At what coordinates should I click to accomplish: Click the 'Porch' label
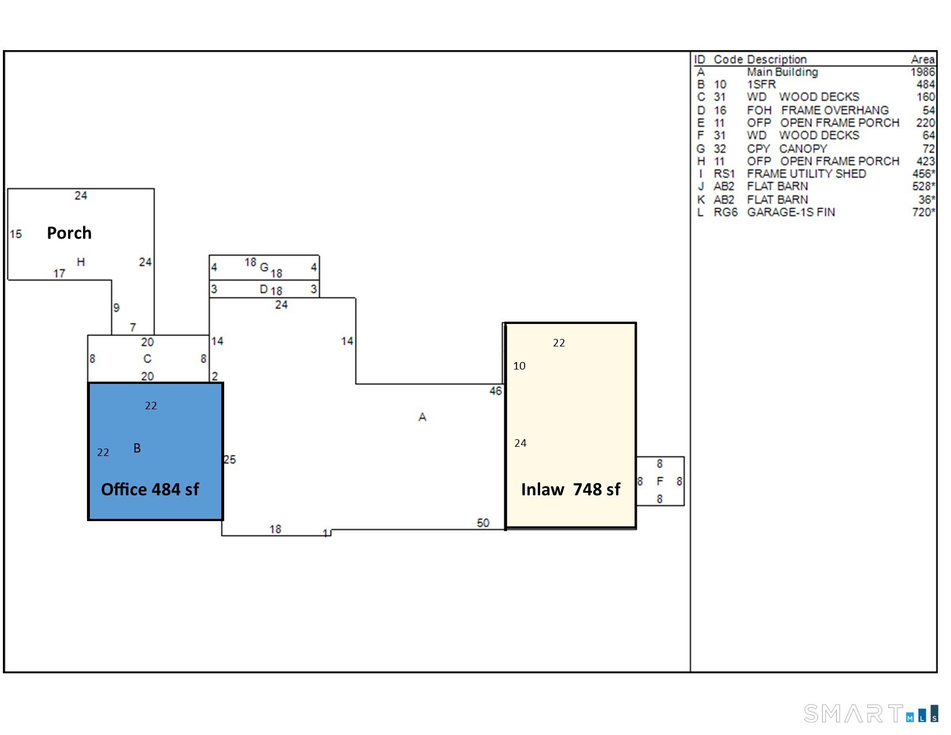pos(69,233)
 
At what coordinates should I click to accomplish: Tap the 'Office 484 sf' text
pos(150,489)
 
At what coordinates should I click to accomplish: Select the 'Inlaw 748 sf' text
pos(570,489)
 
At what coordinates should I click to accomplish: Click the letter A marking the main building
pos(422,417)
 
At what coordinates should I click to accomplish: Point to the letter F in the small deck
pos(660,481)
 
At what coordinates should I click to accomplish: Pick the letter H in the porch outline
pos(81,262)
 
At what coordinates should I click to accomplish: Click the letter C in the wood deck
pos(147,359)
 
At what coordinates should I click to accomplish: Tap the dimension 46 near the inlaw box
pos(496,391)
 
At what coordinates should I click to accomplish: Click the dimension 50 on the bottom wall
pos(483,522)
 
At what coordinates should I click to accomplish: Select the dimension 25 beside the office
pos(229,459)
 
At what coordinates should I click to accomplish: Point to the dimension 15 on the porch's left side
pos(16,234)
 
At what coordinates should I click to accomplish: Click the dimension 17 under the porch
pos(59,273)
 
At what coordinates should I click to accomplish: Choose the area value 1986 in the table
pos(923,72)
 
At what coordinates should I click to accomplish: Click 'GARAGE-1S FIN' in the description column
pos(791,212)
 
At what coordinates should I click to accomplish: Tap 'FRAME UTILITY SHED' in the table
pos(806,174)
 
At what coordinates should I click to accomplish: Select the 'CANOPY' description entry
pos(803,148)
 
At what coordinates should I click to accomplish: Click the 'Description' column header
pos(777,59)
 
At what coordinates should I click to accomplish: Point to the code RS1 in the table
pos(724,174)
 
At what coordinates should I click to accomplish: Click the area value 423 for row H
pos(926,161)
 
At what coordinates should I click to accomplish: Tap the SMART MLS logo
pos(871,714)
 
